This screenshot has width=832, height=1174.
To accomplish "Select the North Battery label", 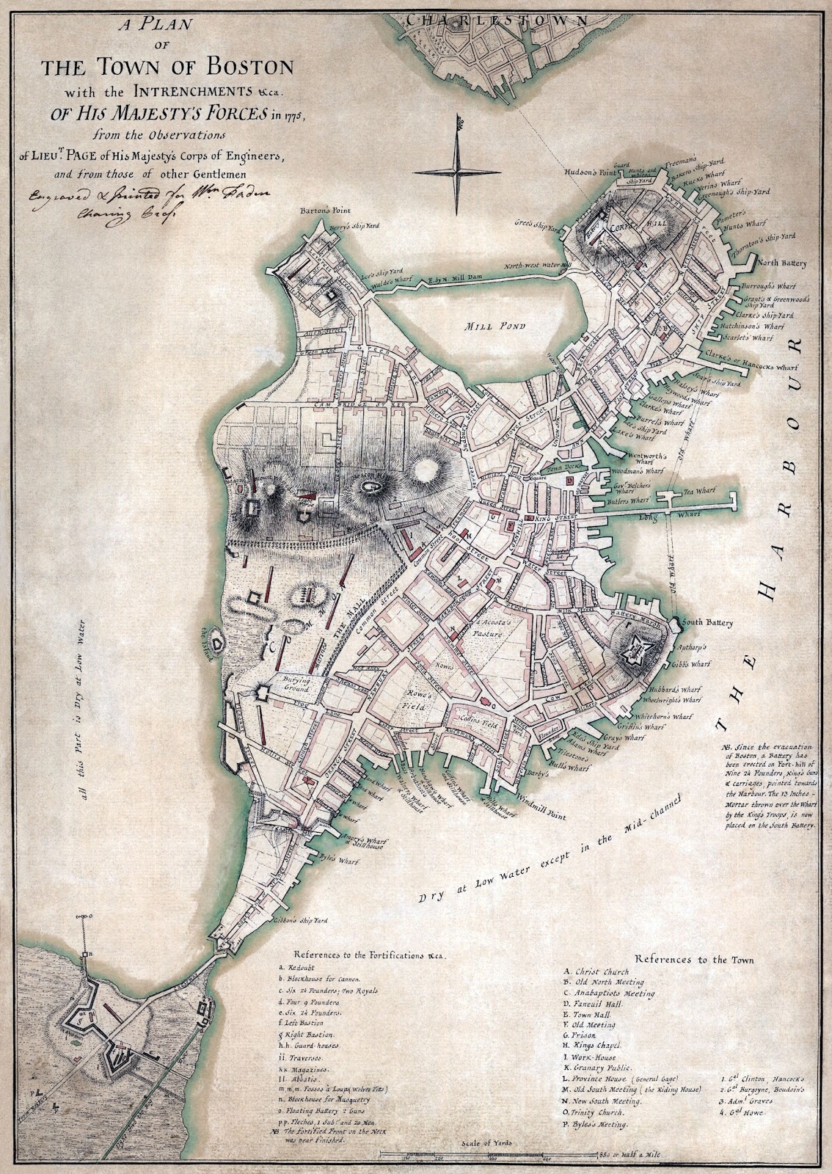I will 782,263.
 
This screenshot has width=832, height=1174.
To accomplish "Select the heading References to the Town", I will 694,959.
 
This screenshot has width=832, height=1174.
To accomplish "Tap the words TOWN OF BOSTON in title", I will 167,68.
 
